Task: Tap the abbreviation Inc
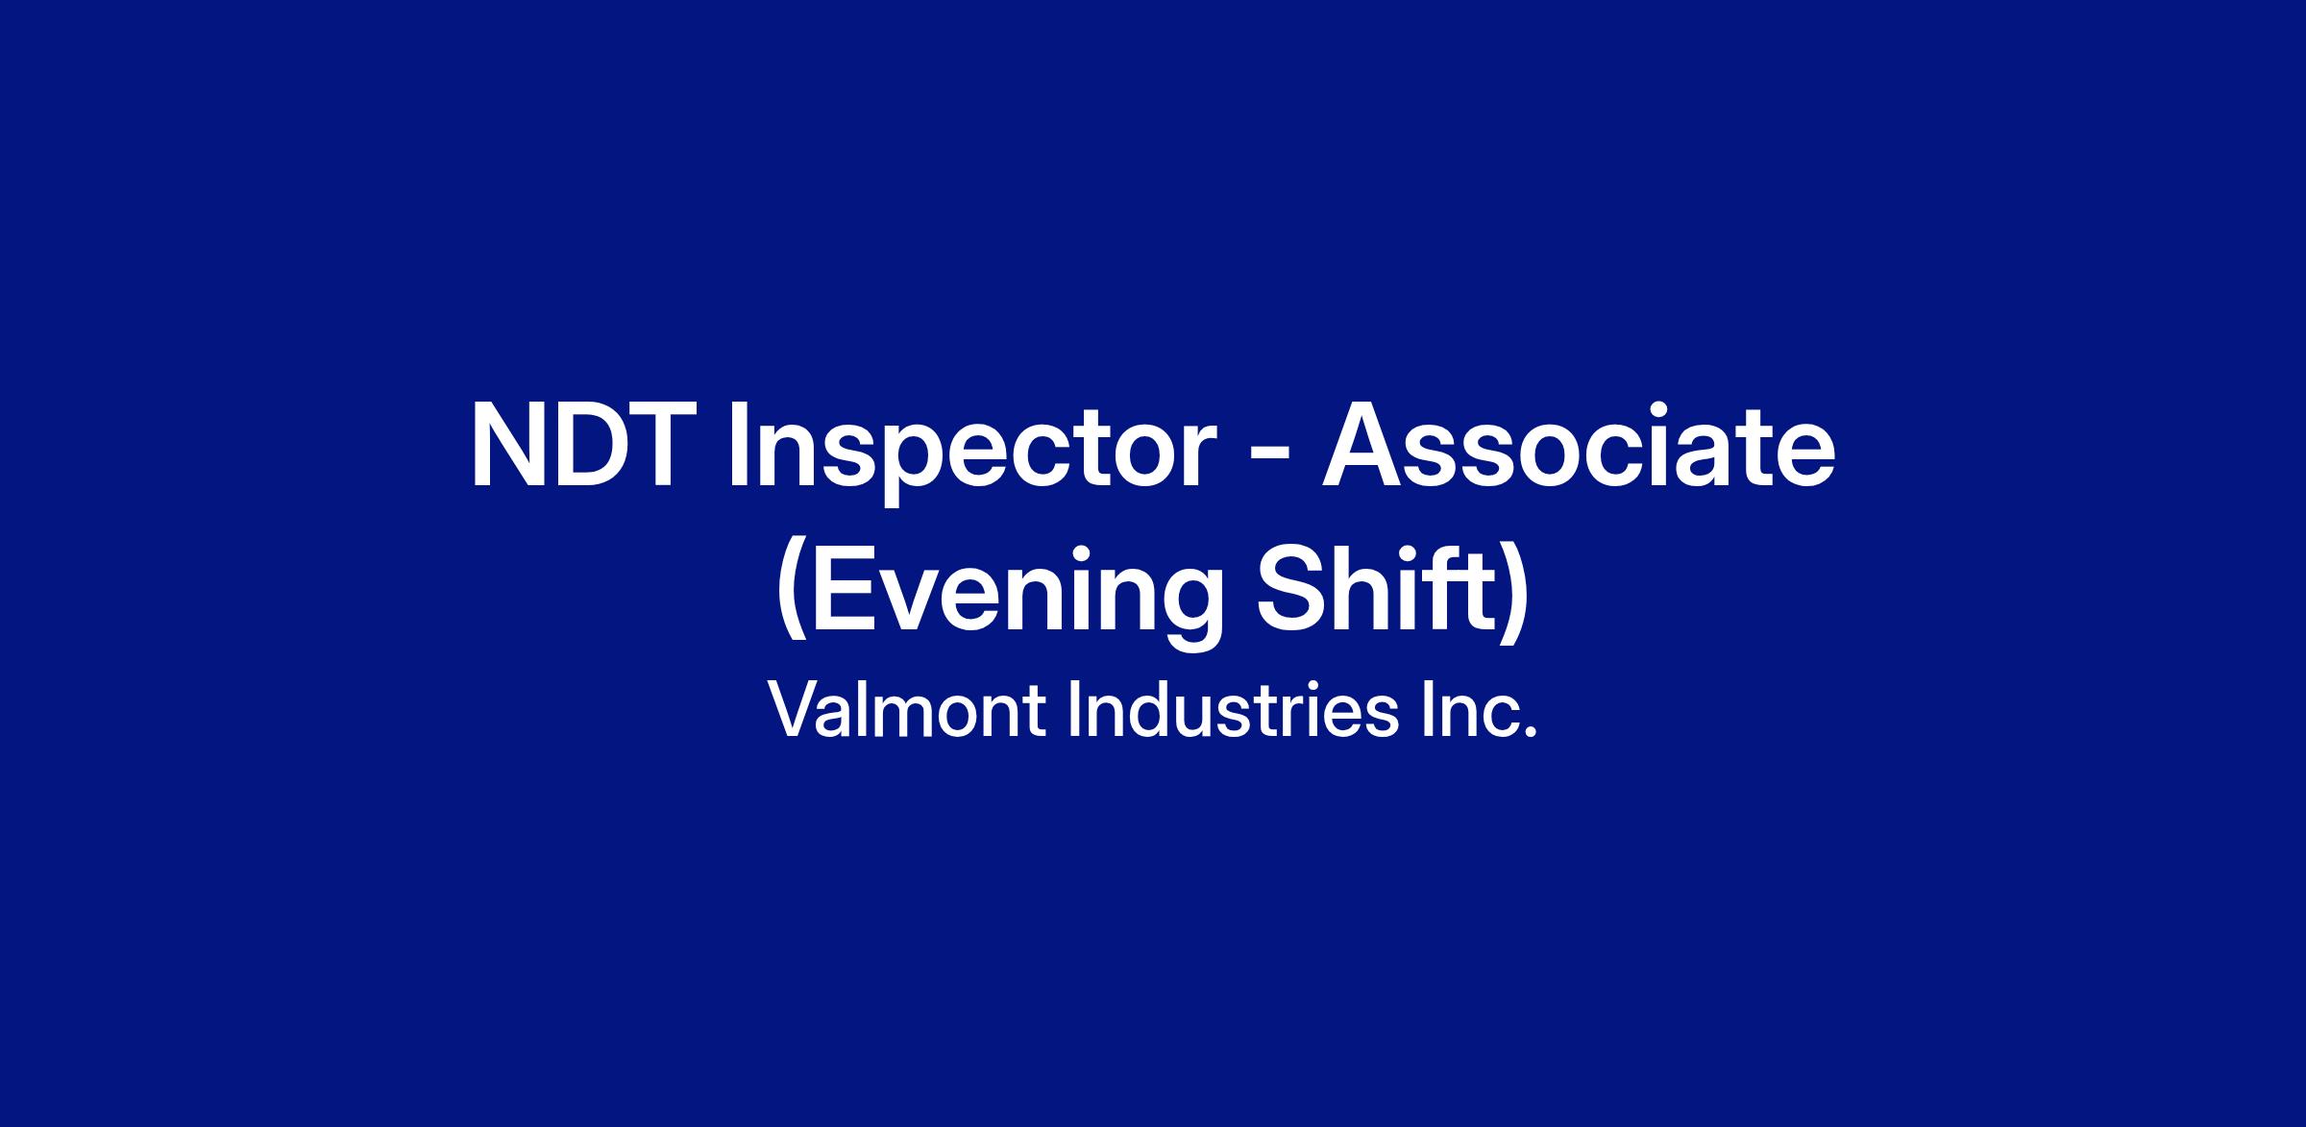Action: click(1481, 712)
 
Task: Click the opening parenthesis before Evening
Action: click(792, 597)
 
